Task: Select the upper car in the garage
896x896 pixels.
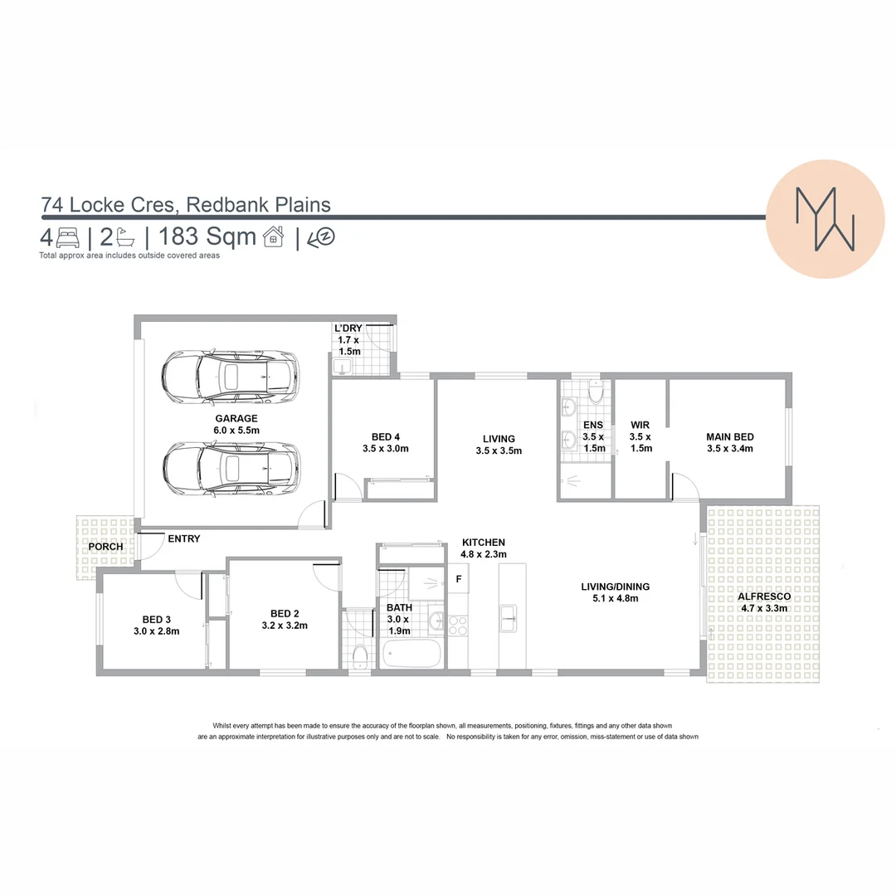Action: [230, 377]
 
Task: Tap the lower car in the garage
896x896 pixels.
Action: [230, 468]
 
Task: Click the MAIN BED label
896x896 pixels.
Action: [729, 437]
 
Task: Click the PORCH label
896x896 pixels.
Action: [105, 547]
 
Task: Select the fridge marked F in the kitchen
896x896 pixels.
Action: [457, 578]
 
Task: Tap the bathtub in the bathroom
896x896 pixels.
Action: [411, 653]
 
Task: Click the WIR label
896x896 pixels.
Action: [640, 424]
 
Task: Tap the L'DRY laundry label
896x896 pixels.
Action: [348, 329]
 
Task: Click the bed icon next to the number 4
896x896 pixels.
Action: [67, 239]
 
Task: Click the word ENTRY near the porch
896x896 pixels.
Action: [183, 538]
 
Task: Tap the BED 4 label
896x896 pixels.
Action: [386, 436]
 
